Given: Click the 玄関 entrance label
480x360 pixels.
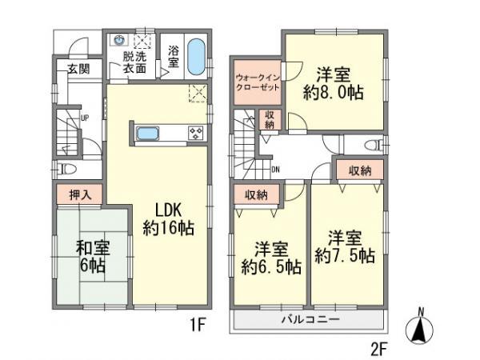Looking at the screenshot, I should point(78,70).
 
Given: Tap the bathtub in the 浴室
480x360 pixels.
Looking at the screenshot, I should point(196,56).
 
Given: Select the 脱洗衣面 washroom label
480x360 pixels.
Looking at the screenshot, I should point(134,62).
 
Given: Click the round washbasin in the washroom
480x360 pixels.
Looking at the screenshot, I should point(121,38).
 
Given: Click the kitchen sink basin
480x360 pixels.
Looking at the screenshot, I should point(149,134).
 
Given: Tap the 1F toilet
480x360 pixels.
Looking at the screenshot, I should point(67,169).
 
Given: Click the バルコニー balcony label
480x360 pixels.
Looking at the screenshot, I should point(310,319).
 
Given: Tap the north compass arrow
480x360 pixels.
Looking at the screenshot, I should point(422,327).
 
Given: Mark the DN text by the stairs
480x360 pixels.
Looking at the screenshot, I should point(276,170).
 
